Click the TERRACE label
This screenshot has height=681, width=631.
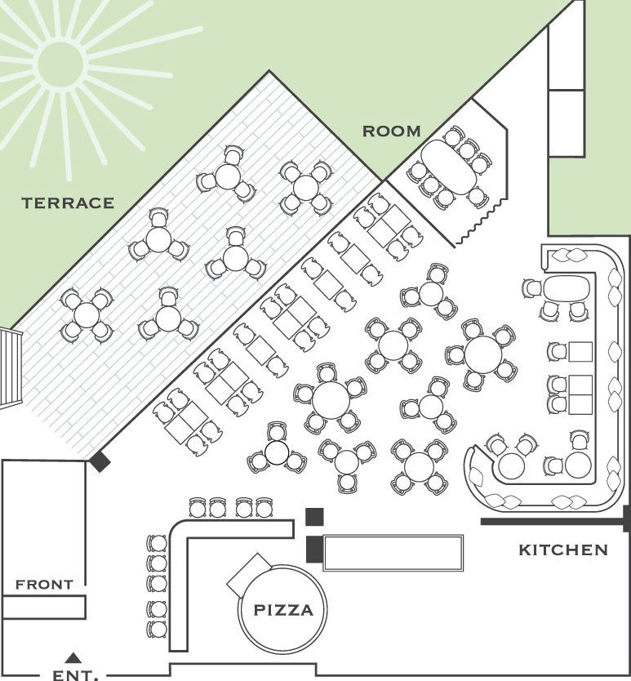coord(68,203)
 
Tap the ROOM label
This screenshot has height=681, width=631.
coord(392,131)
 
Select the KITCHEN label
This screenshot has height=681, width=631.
coord(563,550)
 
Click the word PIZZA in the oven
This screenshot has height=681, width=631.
coord(282,610)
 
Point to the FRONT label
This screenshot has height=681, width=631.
coord(44,585)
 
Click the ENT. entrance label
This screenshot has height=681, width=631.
coord(74,674)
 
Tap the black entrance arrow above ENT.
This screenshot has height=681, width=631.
coord(73,657)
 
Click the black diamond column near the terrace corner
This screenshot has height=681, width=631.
coord(100,461)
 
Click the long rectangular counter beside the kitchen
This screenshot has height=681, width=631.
coord(393,553)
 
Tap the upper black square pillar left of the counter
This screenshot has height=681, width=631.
coord(314,516)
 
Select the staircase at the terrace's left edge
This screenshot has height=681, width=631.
coord(8,367)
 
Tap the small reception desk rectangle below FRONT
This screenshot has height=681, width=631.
coord(44,607)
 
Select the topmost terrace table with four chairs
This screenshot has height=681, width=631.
coord(305,187)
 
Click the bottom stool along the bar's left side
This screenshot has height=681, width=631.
coord(156,630)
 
